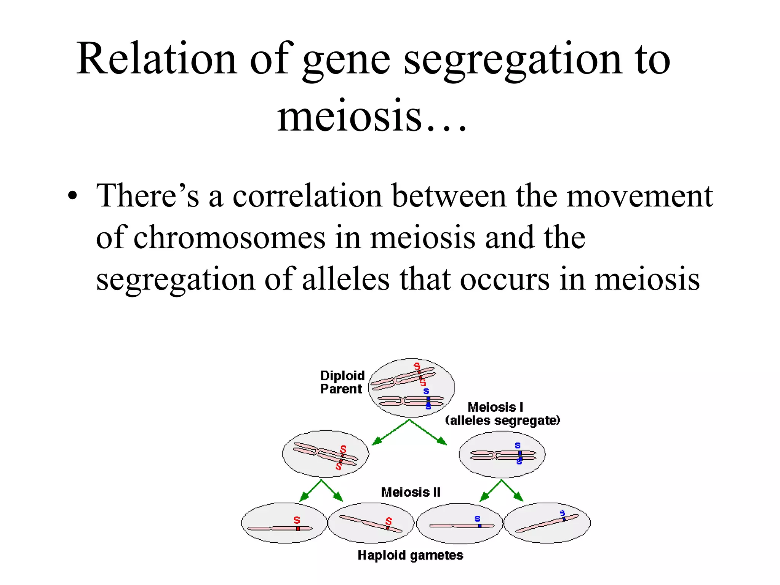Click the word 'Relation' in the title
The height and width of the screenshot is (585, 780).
pyautogui.click(x=157, y=59)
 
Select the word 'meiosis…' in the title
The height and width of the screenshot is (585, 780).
pyautogui.click(x=371, y=116)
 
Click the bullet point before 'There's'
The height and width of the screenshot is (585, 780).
pyautogui.click(x=72, y=197)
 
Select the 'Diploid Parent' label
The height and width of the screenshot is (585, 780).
pyautogui.click(x=342, y=382)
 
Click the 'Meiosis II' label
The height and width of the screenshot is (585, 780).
pyautogui.click(x=411, y=492)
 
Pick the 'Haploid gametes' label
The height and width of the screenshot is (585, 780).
pyautogui.click(x=410, y=555)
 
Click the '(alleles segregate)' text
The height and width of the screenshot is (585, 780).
pyautogui.click(x=502, y=420)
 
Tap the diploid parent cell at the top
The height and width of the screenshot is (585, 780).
pyautogui.click(x=411, y=387)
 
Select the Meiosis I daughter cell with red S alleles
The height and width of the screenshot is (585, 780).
pyautogui.click(x=325, y=454)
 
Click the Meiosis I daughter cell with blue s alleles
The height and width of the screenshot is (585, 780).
pyautogui.click(x=502, y=454)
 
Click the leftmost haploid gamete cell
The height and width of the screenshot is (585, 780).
pyautogui.click(x=284, y=523)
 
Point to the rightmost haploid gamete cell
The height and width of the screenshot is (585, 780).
pyautogui.click(x=547, y=523)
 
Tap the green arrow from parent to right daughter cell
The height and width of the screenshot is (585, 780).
pyautogui.click(x=429, y=433)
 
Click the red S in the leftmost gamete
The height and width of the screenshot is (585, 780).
pyautogui.click(x=297, y=520)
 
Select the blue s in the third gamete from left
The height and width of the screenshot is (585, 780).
pyautogui.click(x=477, y=519)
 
